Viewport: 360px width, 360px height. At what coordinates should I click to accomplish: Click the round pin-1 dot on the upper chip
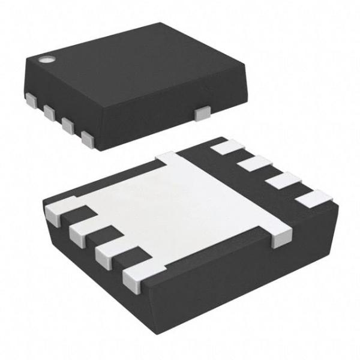pos(45,59)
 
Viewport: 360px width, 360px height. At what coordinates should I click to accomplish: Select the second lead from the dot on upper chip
pos(49,112)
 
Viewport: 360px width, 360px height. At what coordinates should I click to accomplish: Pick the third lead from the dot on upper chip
pos(68,125)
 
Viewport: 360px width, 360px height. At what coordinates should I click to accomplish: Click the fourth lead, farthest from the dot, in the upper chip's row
pos(88,140)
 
